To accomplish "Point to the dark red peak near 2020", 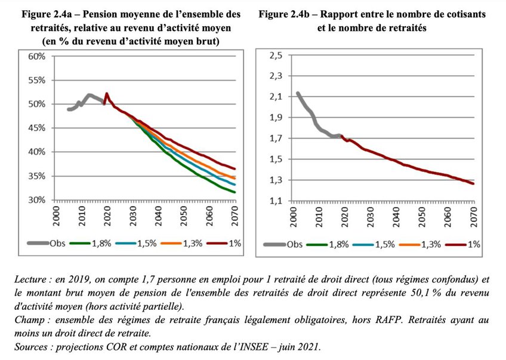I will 106,94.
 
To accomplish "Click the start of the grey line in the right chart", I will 297,93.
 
